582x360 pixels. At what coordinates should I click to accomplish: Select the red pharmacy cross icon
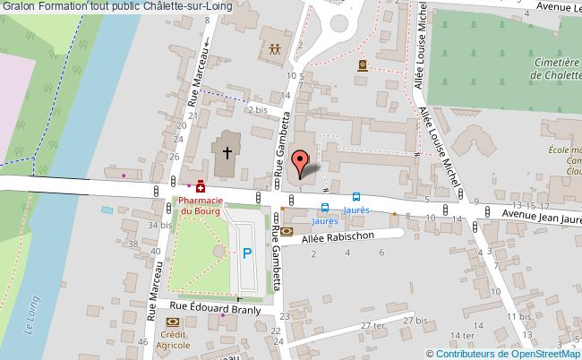pos(201,188)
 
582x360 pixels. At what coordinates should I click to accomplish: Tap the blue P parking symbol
pos(246,254)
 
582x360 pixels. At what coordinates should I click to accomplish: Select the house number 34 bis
pos(159,226)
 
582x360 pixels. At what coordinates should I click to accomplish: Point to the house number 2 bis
pos(258,109)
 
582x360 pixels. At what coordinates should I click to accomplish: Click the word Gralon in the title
pos(18,7)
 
